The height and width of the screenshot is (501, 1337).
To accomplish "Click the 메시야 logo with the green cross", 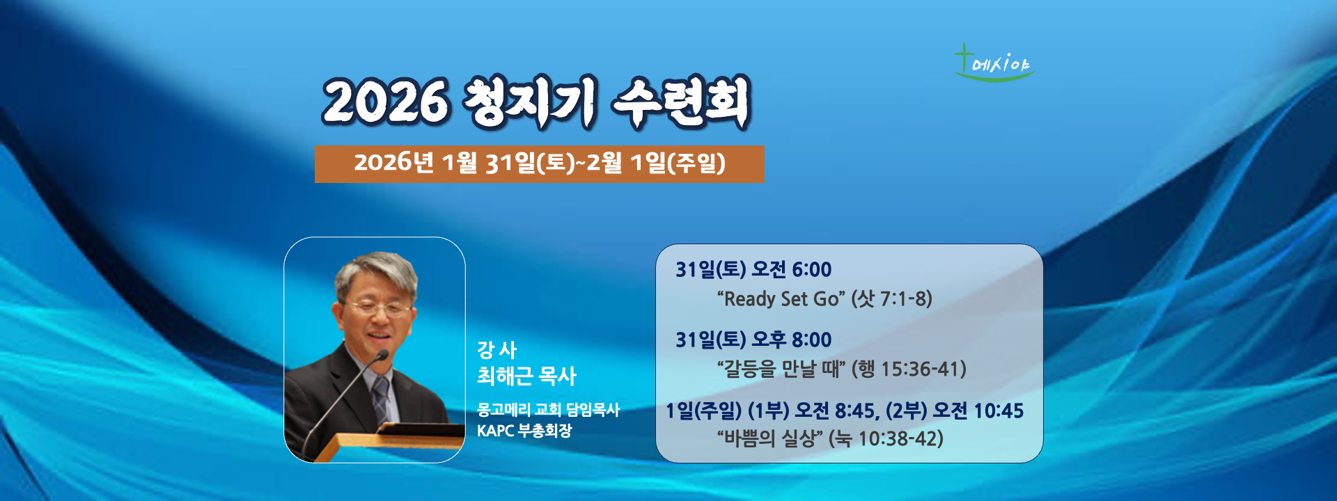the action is coord(994,63).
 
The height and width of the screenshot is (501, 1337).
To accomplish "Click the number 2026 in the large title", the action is coord(385,102).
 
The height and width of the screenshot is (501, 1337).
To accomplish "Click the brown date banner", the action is coord(539,164).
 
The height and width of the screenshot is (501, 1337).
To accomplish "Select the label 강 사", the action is coord(497,349).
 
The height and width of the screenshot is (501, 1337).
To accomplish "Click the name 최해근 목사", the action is coord(526,376).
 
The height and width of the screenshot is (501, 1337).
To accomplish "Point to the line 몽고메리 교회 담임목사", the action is coord(548,409).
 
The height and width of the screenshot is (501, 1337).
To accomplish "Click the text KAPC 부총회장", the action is coord(524,431).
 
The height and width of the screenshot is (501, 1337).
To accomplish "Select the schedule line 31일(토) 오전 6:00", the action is coord(753,269).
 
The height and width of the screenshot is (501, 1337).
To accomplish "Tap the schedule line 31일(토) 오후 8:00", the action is coord(753,340).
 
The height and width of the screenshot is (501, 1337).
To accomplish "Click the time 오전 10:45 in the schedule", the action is coord(978,411).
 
